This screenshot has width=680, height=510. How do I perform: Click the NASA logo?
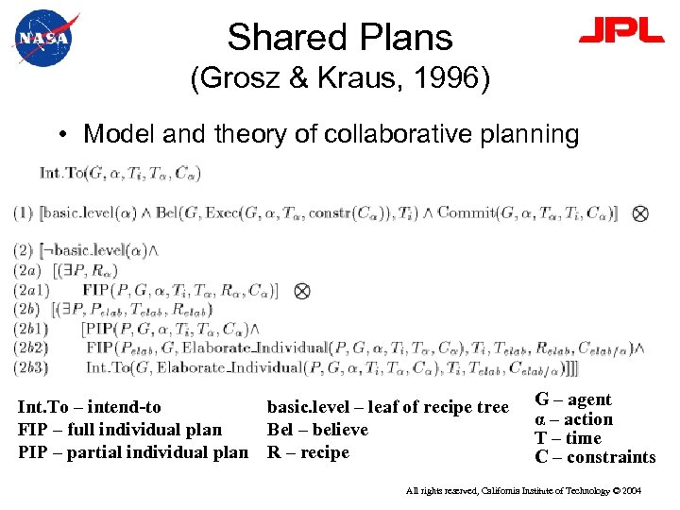[x=41, y=39]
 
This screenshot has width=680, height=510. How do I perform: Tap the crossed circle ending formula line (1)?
[x=640, y=213]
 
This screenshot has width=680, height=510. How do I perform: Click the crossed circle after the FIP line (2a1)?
[x=302, y=291]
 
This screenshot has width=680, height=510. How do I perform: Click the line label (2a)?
[x=26, y=271]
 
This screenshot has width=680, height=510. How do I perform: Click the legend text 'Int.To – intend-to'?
[x=90, y=408]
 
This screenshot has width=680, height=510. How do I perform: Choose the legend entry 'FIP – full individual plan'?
[x=120, y=430]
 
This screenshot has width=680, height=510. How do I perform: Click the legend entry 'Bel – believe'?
[x=317, y=430]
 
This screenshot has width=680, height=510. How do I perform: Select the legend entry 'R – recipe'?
[x=308, y=451]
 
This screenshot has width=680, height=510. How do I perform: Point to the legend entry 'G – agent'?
[x=573, y=399]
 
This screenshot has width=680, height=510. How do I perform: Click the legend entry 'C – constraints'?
[x=595, y=457]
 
